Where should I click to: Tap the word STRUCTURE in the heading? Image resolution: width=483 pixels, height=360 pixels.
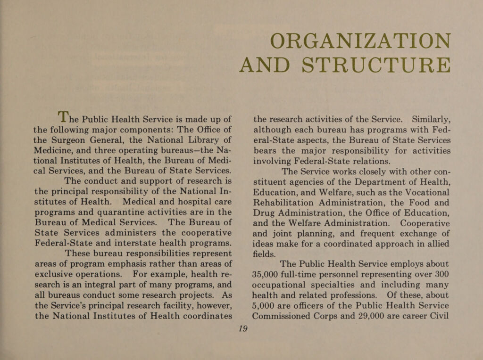375,65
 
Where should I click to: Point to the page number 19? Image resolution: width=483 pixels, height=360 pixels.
243,328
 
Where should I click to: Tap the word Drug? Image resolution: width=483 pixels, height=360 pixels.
265,213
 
